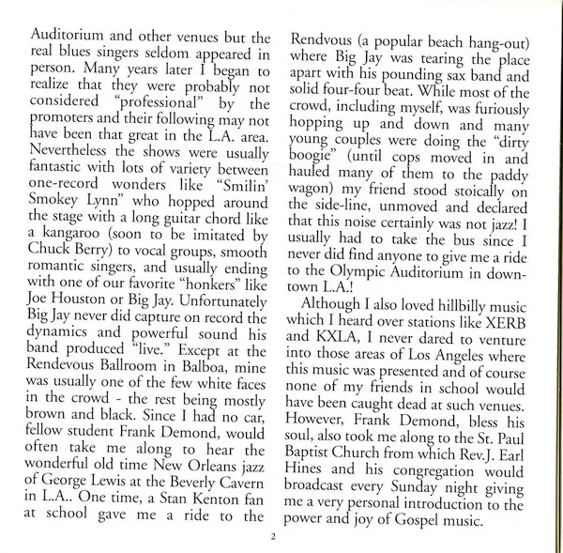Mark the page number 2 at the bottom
273,536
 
